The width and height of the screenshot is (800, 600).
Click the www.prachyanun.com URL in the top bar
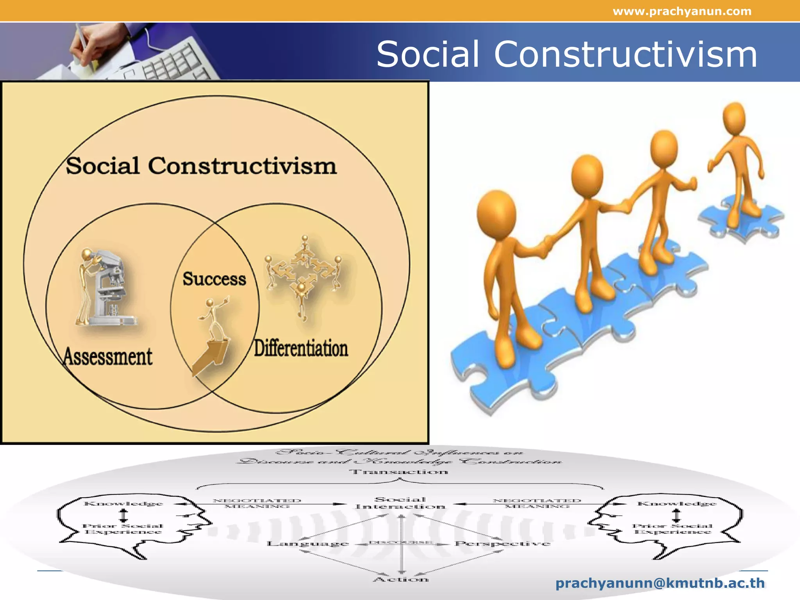[x=682, y=11]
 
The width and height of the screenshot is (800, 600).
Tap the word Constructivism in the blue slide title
[x=625, y=55]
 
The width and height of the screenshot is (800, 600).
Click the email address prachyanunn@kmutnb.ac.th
[x=660, y=583]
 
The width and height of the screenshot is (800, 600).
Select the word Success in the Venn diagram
[x=214, y=279]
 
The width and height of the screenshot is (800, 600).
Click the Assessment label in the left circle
[x=108, y=357]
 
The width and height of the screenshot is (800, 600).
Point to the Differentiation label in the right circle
[x=301, y=348]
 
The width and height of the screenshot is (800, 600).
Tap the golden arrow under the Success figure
[x=211, y=355]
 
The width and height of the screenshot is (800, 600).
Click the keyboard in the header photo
[x=172, y=62]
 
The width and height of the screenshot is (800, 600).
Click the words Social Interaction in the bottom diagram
[x=400, y=503]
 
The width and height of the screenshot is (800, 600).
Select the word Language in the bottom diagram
[x=308, y=543]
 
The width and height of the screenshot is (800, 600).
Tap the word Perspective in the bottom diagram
[x=502, y=543]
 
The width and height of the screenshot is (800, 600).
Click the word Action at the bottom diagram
[x=401, y=579]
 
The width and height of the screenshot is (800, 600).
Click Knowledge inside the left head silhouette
[x=123, y=504]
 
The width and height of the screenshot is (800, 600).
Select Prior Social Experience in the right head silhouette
[x=672, y=529]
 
